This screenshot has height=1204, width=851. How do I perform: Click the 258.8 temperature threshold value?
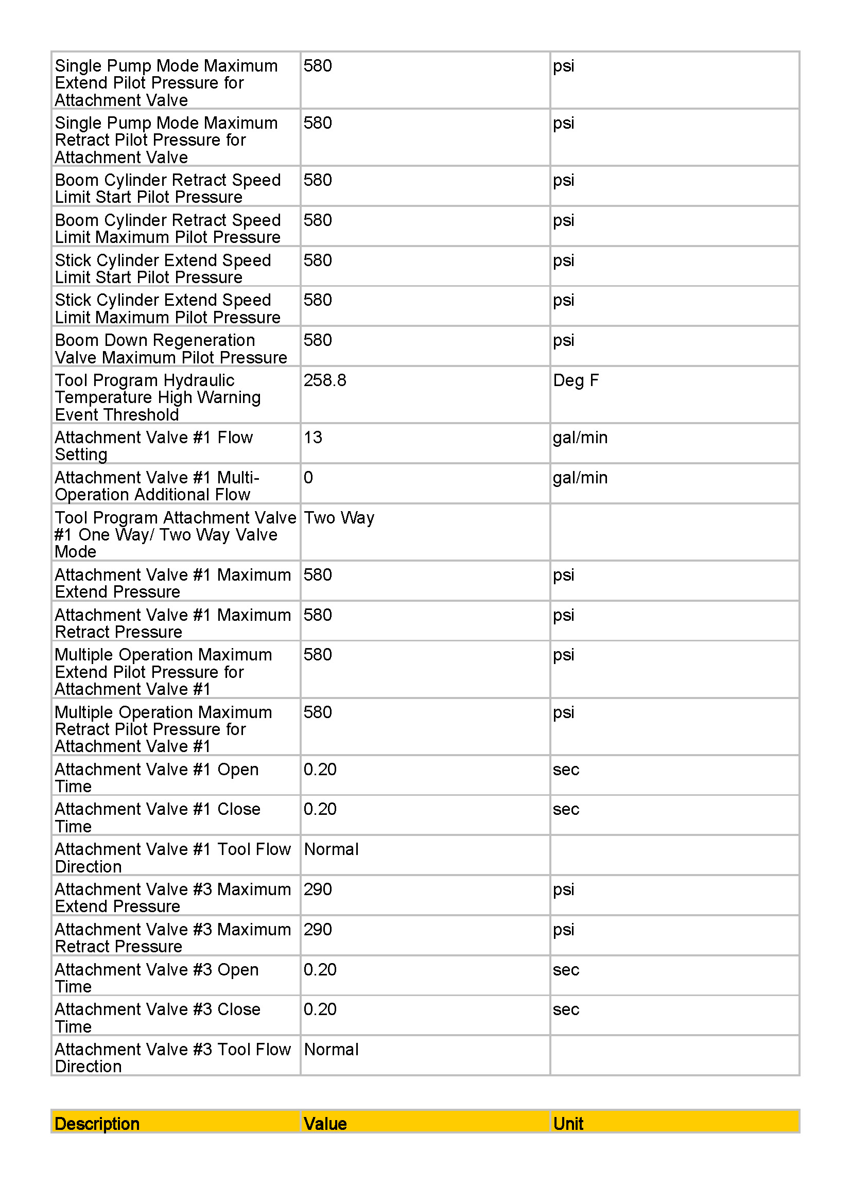pyautogui.click(x=324, y=380)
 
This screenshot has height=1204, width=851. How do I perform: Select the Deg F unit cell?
pyautogui.click(x=575, y=380)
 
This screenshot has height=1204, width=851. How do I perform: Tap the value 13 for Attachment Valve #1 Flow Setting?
pyautogui.click(x=313, y=438)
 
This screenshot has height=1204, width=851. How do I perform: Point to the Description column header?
pyautogui.click(x=97, y=1123)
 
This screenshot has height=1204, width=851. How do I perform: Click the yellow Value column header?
pyautogui.click(x=325, y=1123)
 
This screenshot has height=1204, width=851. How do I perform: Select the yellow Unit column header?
pyautogui.click(x=568, y=1123)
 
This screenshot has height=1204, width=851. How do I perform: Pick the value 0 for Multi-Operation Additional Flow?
pyautogui.click(x=308, y=477)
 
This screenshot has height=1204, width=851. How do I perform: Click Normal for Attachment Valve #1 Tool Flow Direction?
pyautogui.click(x=331, y=849)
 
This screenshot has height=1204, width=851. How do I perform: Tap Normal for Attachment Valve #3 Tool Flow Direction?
pyautogui.click(x=331, y=1049)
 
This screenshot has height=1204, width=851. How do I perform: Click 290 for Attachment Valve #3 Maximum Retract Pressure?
pyautogui.click(x=318, y=929)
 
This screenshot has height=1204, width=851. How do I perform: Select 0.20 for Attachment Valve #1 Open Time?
pyautogui.click(x=320, y=769)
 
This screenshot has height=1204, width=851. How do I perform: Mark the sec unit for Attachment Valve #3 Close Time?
pyautogui.click(x=566, y=1009)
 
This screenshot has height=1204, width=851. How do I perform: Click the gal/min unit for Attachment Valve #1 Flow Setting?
pyautogui.click(x=580, y=438)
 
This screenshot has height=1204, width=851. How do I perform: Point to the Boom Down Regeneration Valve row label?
pyautogui.click(x=170, y=348)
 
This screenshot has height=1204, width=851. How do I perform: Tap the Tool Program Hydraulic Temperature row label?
pyautogui.click(x=158, y=397)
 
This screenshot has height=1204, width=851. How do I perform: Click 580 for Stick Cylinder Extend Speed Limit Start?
pyautogui.click(x=318, y=260)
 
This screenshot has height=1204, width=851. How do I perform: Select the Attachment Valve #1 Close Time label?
pyautogui.click(x=158, y=817)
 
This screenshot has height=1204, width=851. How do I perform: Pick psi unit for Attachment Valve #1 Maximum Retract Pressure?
pyautogui.click(x=564, y=615)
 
